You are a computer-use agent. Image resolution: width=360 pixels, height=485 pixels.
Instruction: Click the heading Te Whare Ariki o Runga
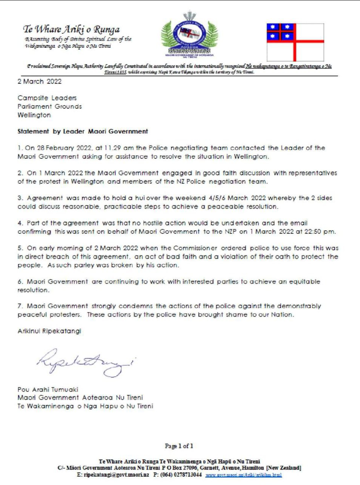pyautogui.click(x=72, y=30)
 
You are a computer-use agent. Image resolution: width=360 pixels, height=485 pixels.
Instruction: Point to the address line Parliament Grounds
pyautogui.click(x=50, y=106)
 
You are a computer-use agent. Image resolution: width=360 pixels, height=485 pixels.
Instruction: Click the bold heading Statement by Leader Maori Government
pyautogui.click(x=83, y=131)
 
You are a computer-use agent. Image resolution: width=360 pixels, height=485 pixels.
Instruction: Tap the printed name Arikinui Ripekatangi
pyautogui.click(x=49, y=331)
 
